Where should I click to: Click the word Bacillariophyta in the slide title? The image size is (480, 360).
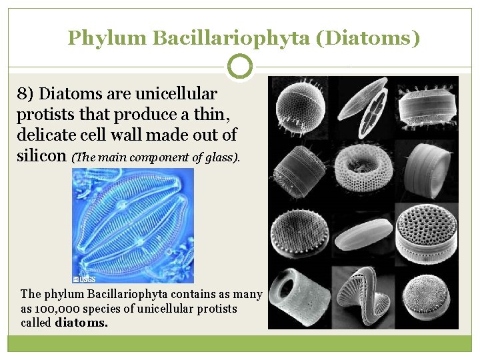pyautogui.click(x=231, y=39)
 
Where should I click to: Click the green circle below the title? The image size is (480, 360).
pyautogui.click(x=240, y=67)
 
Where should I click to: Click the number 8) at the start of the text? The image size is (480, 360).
pyautogui.click(x=26, y=95)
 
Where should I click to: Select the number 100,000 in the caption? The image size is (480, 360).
pyautogui.click(x=56, y=309)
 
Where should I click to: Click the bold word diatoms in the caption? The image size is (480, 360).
pyautogui.click(x=81, y=323)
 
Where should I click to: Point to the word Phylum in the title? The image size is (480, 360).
pyautogui.click(x=106, y=39)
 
